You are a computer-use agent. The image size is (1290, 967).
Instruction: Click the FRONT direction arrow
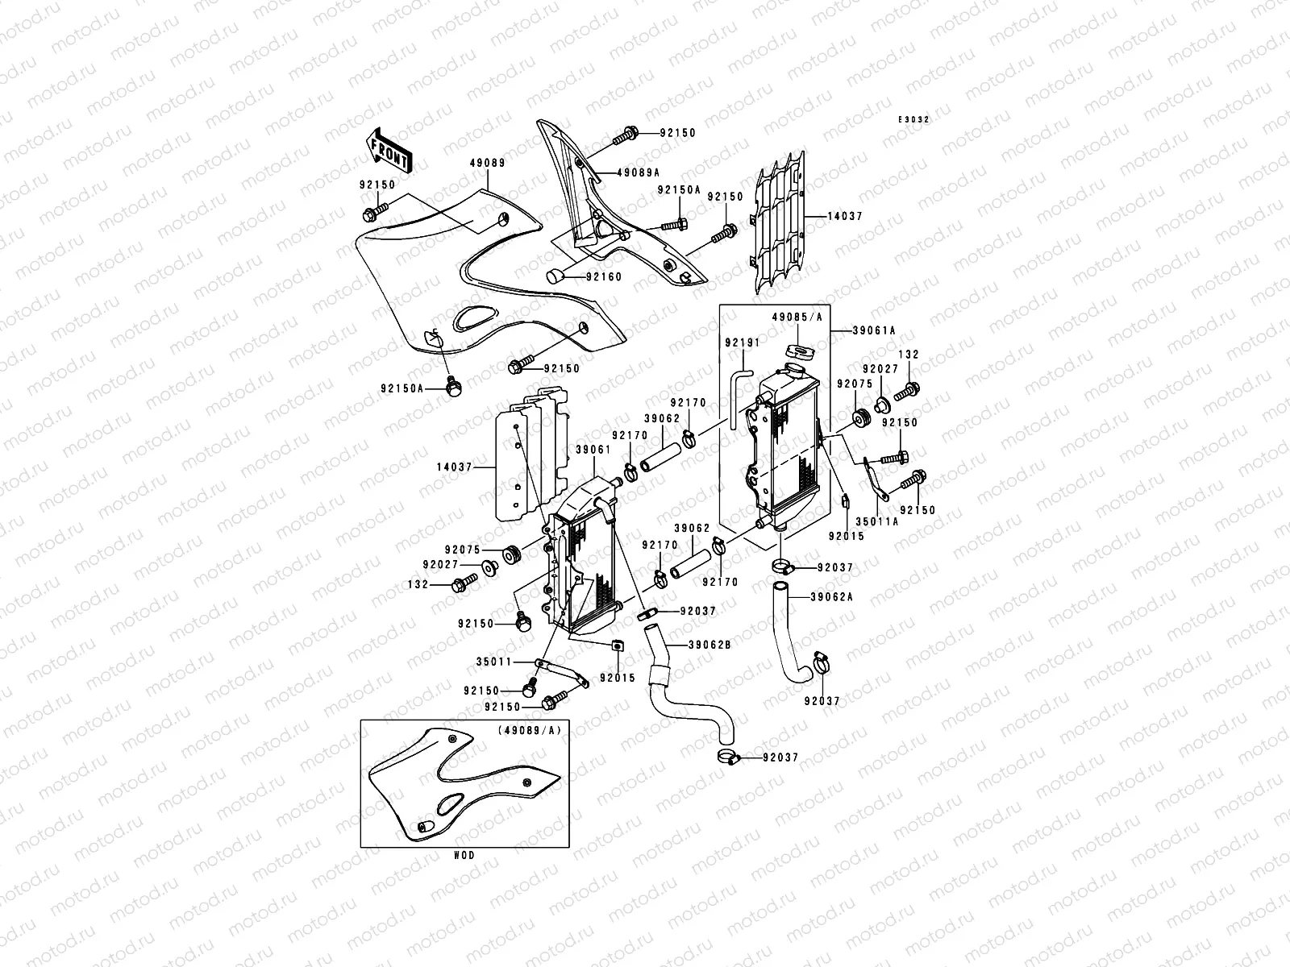[x=390, y=150]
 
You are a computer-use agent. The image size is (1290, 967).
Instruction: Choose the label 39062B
[x=709, y=645]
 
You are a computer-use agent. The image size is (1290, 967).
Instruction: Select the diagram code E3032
[x=915, y=119]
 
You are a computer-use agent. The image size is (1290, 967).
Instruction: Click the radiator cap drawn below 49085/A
[x=796, y=352]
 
